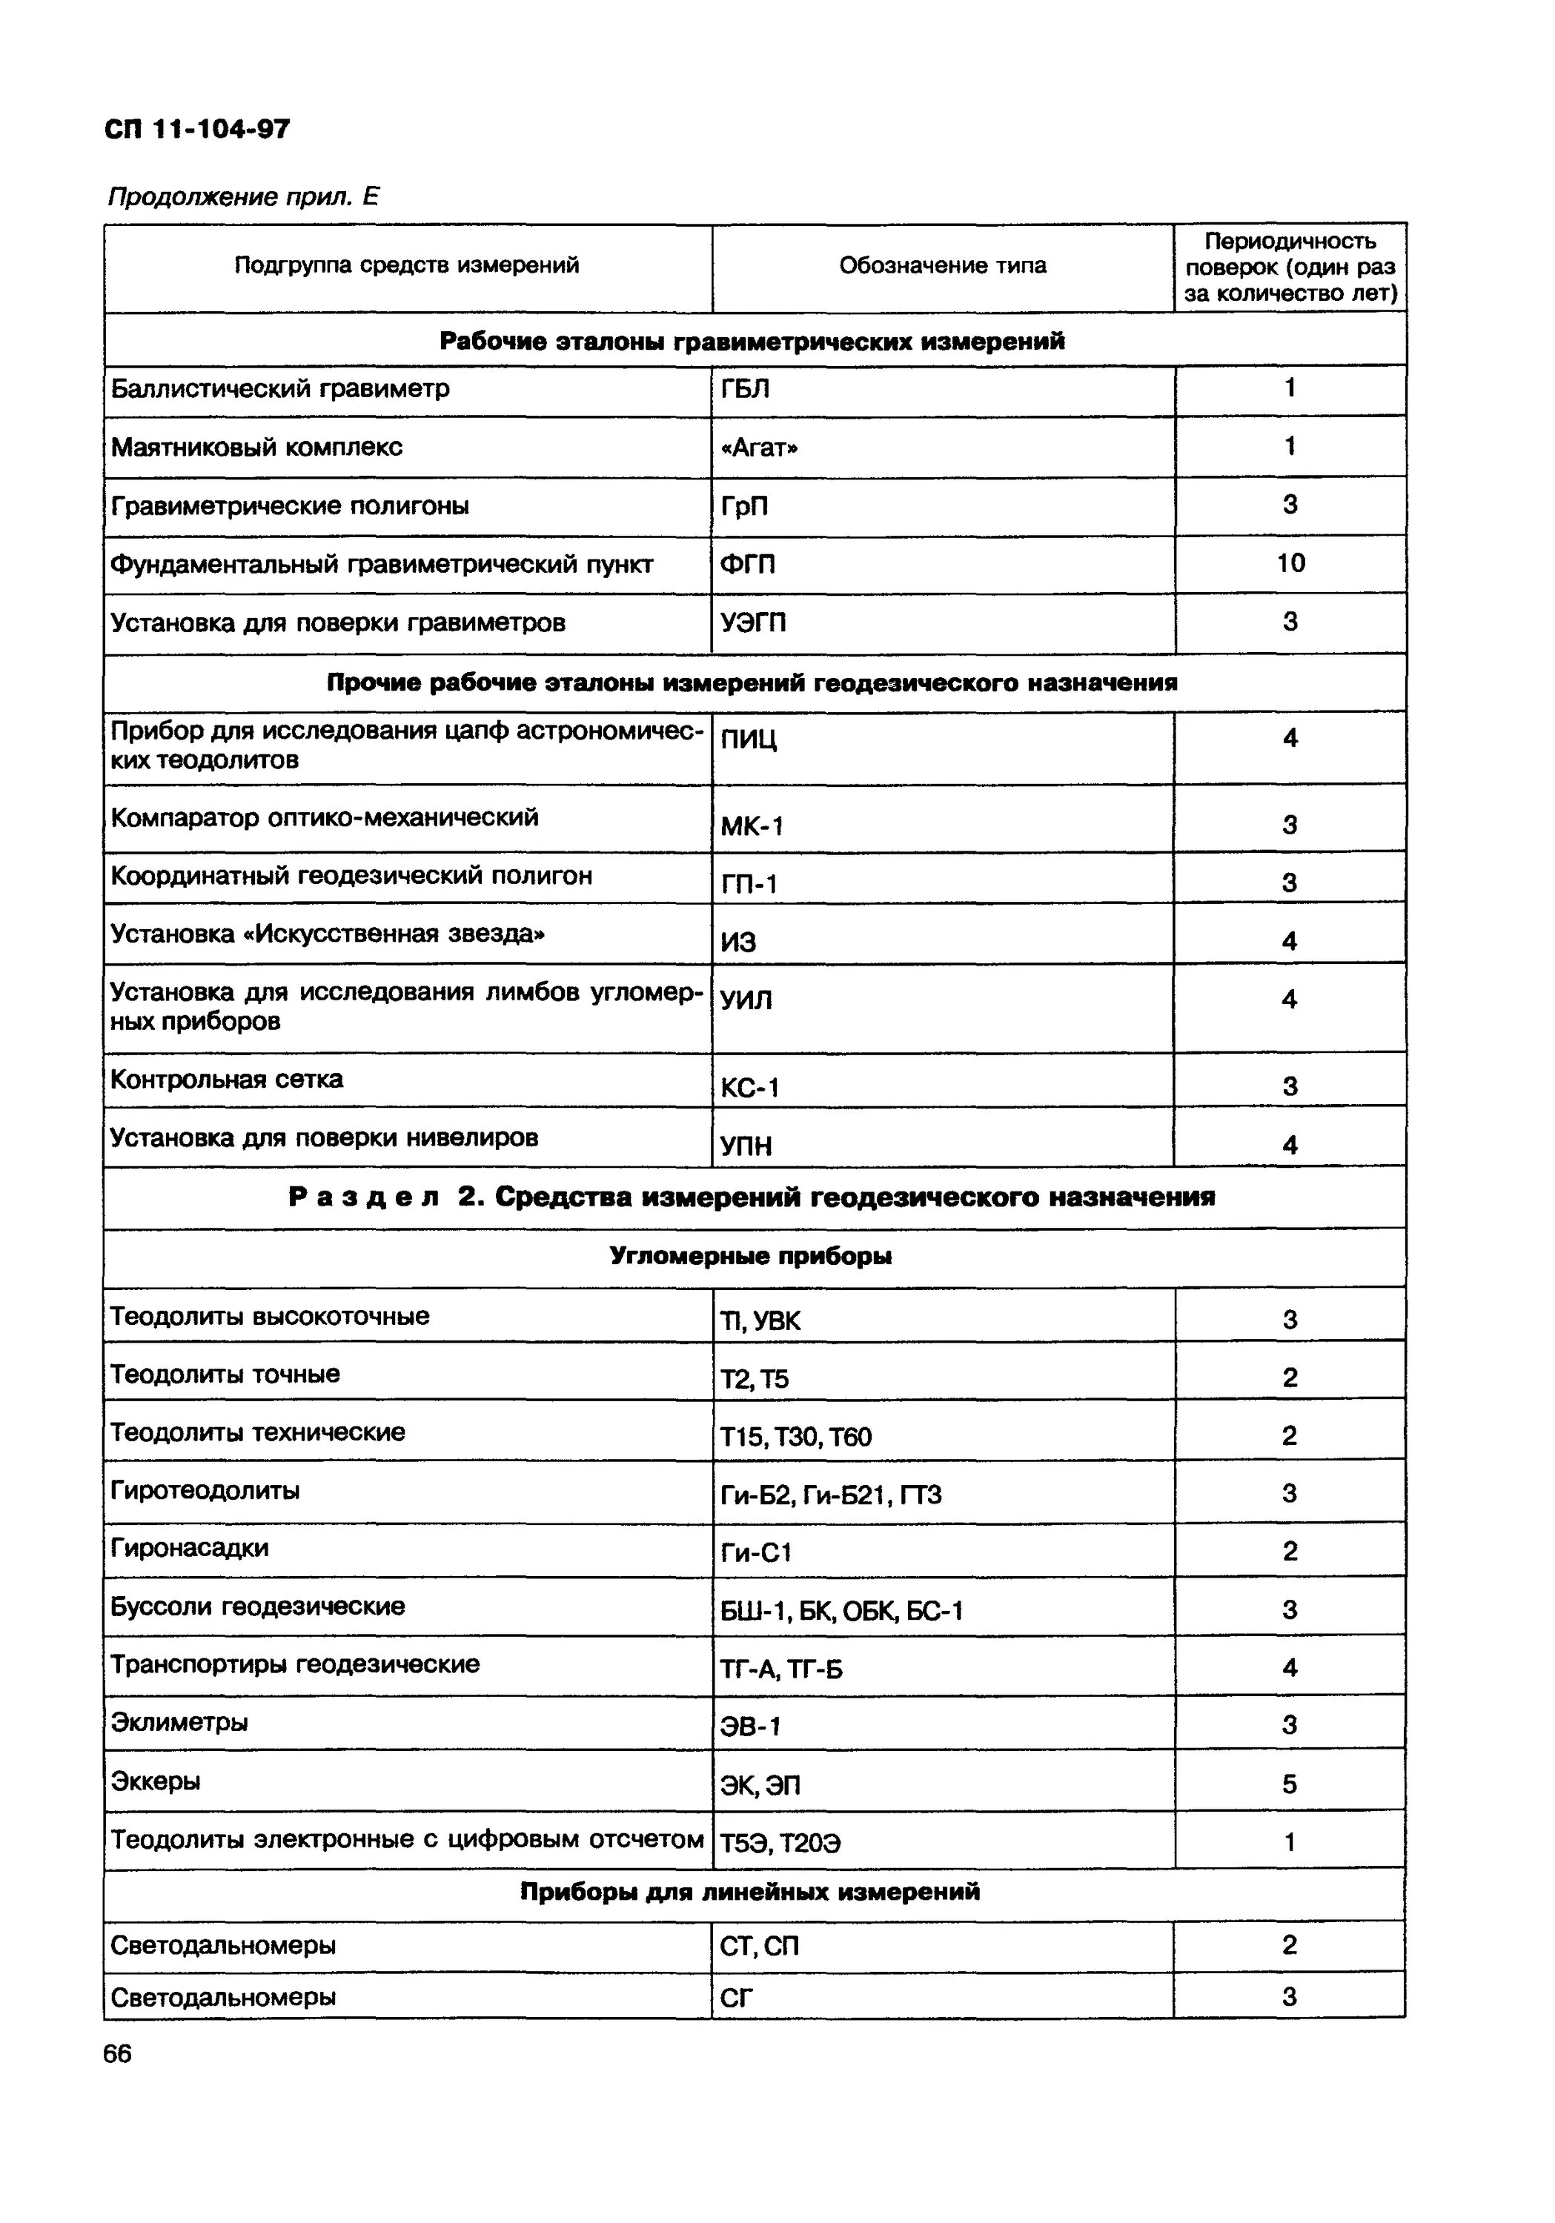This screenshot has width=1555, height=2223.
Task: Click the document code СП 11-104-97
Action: tap(197, 129)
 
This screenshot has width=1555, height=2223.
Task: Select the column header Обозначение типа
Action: tap(942, 265)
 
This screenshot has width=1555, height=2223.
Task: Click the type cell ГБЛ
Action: tap(745, 389)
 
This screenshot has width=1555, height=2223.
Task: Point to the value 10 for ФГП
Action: tap(1290, 562)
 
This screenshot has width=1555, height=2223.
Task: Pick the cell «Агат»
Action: tap(759, 448)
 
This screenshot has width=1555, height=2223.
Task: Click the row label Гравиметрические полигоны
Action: tap(290, 505)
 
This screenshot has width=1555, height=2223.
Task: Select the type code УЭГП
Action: tap(752, 622)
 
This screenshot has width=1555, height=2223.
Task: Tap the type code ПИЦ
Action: tap(748, 740)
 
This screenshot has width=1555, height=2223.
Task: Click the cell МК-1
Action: tap(752, 826)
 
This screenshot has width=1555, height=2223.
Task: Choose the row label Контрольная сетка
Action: tap(227, 1079)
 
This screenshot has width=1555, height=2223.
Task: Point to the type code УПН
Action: tap(746, 1146)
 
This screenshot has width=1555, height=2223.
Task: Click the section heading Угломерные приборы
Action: tap(750, 1256)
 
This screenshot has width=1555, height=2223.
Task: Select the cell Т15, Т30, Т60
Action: tap(795, 1437)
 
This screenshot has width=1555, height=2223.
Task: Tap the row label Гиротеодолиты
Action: tap(205, 1490)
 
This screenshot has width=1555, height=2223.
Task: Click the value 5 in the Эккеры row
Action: tap(1289, 1784)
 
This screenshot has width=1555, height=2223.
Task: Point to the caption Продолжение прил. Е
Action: tap(243, 198)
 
